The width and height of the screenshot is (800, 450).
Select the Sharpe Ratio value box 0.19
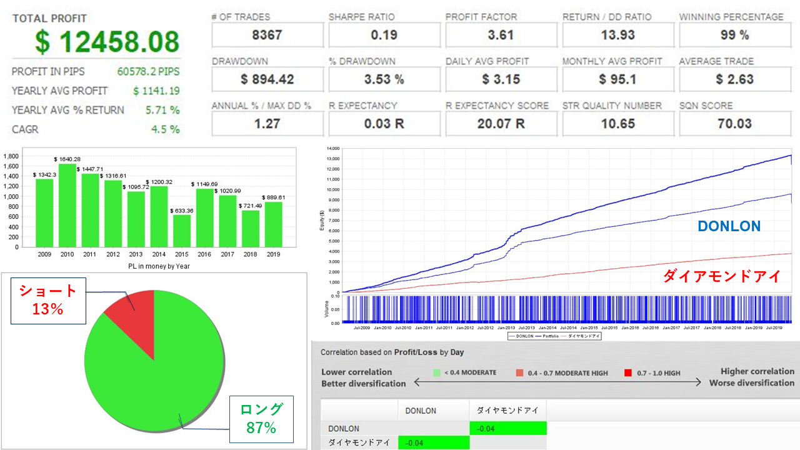click(x=384, y=35)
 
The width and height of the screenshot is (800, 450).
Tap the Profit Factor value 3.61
click(x=501, y=35)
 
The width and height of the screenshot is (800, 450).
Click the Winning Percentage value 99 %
click(x=734, y=35)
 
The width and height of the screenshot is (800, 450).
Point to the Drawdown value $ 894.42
click(x=267, y=79)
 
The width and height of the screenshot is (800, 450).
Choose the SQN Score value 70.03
click(x=734, y=123)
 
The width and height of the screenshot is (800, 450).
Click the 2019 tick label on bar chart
click(x=274, y=255)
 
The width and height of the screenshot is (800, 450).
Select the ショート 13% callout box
click(x=47, y=299)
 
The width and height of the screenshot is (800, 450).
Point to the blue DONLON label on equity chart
click(x=729, y=226)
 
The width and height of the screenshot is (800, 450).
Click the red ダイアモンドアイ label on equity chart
click(x=722, y=276)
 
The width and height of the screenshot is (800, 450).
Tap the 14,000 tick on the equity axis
click(x=332, y=149)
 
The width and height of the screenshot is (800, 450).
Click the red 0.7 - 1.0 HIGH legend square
click(x=628, y=373)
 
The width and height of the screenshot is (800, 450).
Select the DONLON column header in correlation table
click(x=421, y=411)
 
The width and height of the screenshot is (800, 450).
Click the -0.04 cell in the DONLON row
click(x=507, y=428)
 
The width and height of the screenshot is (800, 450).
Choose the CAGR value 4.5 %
click(x=166, y=129)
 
